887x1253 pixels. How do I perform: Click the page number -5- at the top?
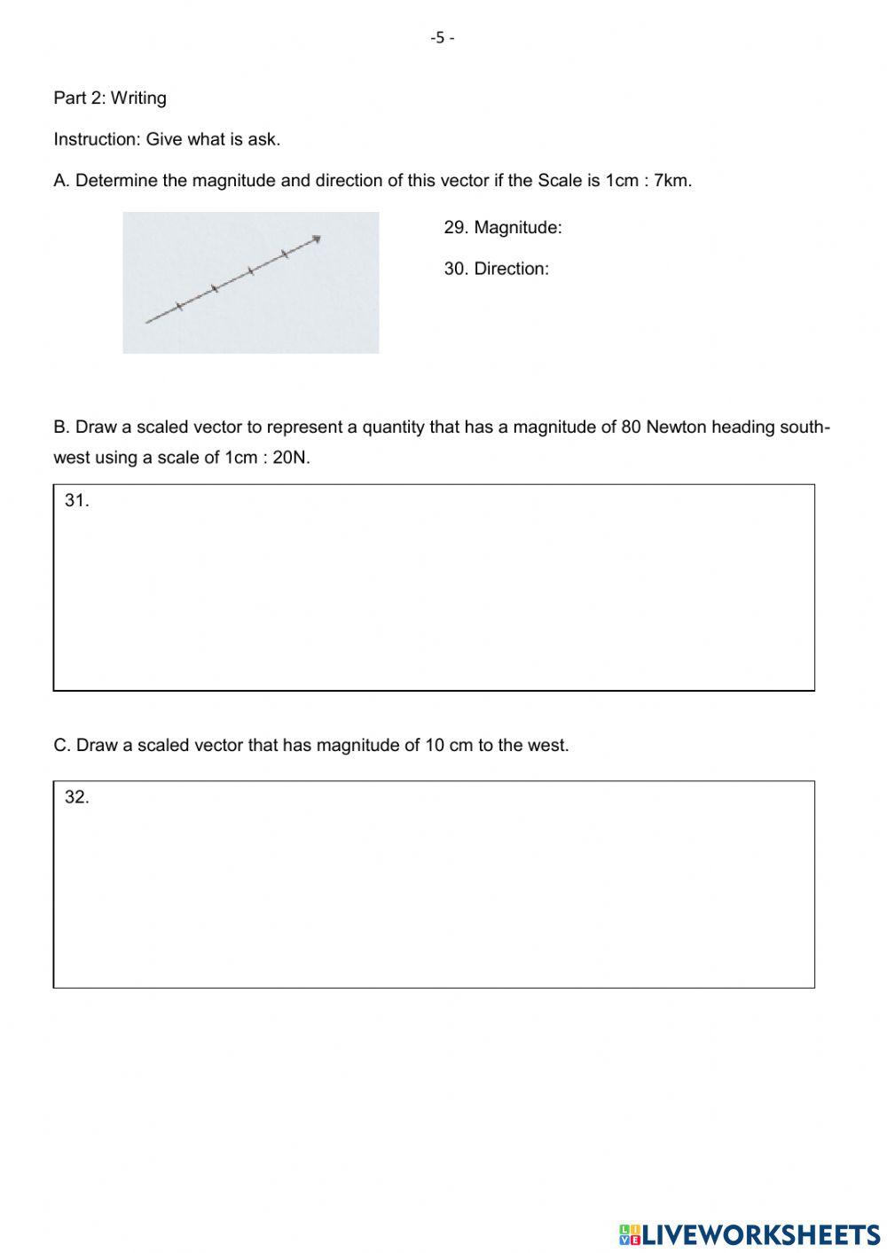(x=442, y=38)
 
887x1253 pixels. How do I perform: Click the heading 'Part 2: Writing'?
(x=110, y=98)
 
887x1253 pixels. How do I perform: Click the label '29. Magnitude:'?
(x=503, y=228)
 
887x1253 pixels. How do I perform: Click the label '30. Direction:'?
(x=496, y=269)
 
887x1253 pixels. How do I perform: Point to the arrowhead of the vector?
(x=316, y=239)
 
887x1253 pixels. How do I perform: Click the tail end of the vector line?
(x=148, y=321)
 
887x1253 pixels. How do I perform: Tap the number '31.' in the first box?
(x=76, y=500)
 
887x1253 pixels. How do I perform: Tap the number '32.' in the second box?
(x=76, y=797)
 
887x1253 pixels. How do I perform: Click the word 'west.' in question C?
(x=548, y=746)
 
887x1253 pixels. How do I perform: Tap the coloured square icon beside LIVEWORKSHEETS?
(x=630, y=1233)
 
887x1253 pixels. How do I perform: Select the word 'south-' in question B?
(x=805, y=427)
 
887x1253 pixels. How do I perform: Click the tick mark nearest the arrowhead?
(x=285, y=255)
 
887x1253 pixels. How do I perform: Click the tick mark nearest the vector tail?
(x=179, y=307)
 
